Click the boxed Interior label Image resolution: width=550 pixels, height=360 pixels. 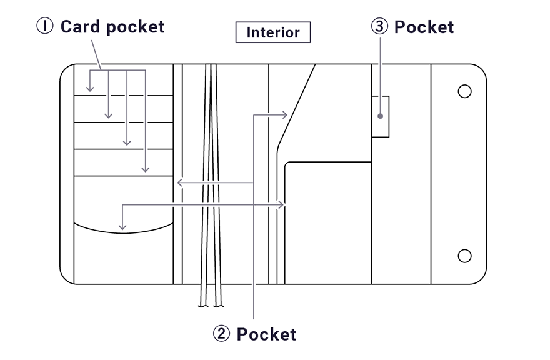point(272,32)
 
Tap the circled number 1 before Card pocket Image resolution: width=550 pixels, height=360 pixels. point(45,27)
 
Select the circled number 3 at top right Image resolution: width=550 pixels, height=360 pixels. point(379,27)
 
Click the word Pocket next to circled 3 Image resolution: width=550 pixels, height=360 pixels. point(424,27)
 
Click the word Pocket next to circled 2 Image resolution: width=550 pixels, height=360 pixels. point(266,334)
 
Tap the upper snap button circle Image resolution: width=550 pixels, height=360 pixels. point(464,91)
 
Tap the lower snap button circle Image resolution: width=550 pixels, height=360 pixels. point(464,256)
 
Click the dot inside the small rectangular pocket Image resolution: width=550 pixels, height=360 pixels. point(380,116)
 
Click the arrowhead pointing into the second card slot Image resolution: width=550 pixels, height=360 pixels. point(109,116)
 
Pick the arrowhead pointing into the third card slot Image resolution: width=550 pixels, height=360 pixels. point(127,142)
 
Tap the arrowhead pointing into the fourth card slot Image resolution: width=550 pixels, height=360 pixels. point(145,169)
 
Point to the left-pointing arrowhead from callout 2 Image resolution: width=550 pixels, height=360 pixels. point(179,182)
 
